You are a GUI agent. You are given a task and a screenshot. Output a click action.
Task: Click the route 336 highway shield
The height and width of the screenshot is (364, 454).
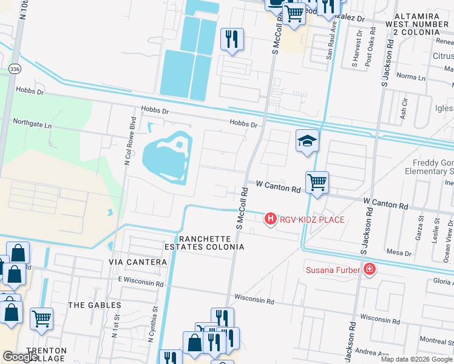click(14, 70)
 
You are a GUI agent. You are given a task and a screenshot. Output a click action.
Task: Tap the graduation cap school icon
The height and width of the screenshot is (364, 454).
click(307, 141)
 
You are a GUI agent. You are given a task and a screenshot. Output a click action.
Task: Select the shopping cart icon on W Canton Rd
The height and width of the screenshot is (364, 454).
click(317, 181)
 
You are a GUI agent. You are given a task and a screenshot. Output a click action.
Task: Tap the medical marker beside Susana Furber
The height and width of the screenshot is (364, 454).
click(369, 269)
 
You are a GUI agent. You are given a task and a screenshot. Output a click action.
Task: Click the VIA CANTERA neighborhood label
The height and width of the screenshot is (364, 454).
click(137, 261)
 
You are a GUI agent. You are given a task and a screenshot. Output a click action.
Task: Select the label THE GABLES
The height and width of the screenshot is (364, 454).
click(95, 305)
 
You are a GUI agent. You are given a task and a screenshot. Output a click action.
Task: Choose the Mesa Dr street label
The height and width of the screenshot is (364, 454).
click(399, 252)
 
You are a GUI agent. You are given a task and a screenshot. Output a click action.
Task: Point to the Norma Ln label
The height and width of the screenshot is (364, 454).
click(411, 77)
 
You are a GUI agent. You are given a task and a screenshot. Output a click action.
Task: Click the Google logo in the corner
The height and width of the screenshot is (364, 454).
click(20, 357)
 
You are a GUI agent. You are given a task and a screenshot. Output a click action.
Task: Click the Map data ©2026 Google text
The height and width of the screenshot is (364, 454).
click(415, 359)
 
